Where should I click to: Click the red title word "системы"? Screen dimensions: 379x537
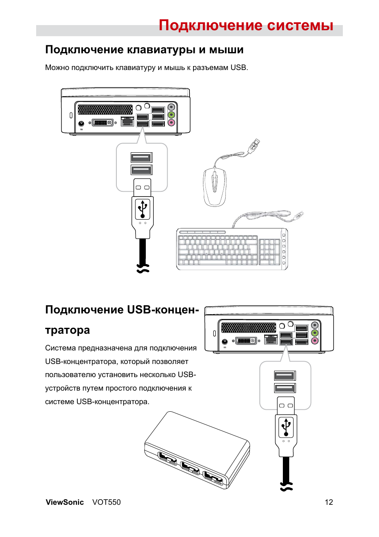300,25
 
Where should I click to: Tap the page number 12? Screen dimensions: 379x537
329,502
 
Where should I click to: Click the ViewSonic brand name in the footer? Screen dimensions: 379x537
65,502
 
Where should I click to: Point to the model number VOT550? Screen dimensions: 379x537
106,502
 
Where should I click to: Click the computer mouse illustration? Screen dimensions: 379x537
215,187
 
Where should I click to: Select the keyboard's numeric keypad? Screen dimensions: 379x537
270,252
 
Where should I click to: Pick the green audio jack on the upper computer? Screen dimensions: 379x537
171,115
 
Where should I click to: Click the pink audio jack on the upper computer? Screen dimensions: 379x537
171,123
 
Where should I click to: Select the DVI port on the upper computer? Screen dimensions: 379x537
103,123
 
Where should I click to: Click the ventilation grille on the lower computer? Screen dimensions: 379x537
248,327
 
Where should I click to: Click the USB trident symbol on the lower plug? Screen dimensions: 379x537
286,427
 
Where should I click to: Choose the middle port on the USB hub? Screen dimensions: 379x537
190,468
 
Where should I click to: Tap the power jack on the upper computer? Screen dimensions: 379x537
81,123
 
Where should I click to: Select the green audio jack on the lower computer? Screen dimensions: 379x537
315,333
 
